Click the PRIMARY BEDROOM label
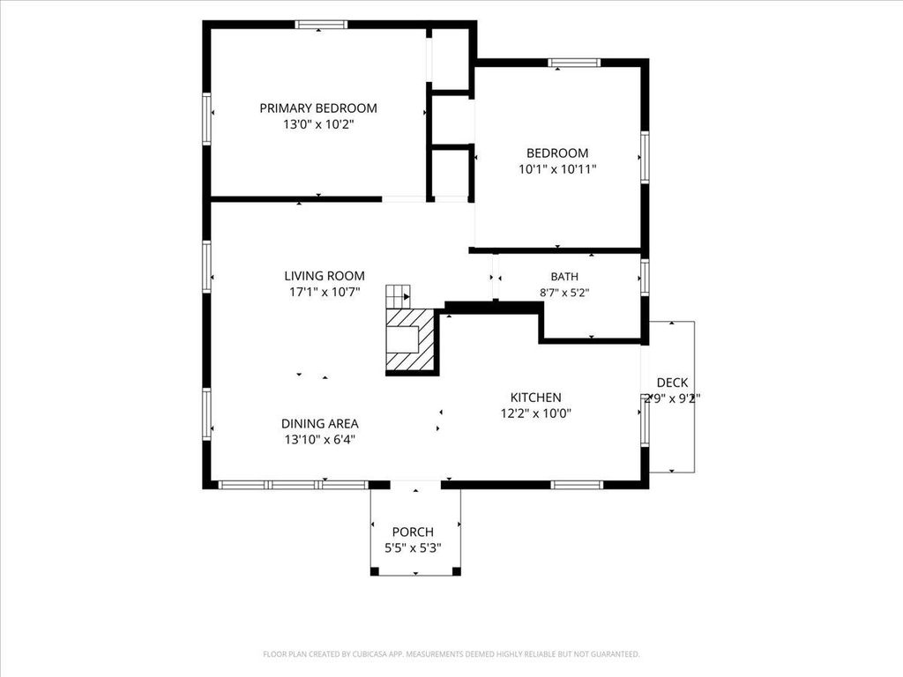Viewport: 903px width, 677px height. (317, 108)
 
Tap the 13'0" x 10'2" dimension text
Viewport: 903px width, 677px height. (317, 124)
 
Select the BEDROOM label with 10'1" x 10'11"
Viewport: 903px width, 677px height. (557, 153)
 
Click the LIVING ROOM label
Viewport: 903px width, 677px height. (325, 276)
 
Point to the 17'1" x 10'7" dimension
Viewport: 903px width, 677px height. (325, 292)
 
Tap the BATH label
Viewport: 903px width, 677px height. (564, 277)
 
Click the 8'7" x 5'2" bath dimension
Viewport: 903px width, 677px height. (564, 293)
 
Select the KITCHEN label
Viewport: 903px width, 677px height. (535, 398)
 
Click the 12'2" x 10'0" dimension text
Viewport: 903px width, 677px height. (535, 413)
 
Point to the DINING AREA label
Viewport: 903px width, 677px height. (319, 424)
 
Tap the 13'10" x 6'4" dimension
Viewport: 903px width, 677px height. (319, 440)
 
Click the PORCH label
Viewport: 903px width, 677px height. (413, 532)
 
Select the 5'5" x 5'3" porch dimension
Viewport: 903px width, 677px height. (413, 548)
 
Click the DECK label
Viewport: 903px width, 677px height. (672, 383)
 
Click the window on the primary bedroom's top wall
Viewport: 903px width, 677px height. (321, 24)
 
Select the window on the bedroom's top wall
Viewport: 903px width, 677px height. (573, 63)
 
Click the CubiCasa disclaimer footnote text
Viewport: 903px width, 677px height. (451, 654)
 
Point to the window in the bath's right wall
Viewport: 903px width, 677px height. (645, 278)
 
